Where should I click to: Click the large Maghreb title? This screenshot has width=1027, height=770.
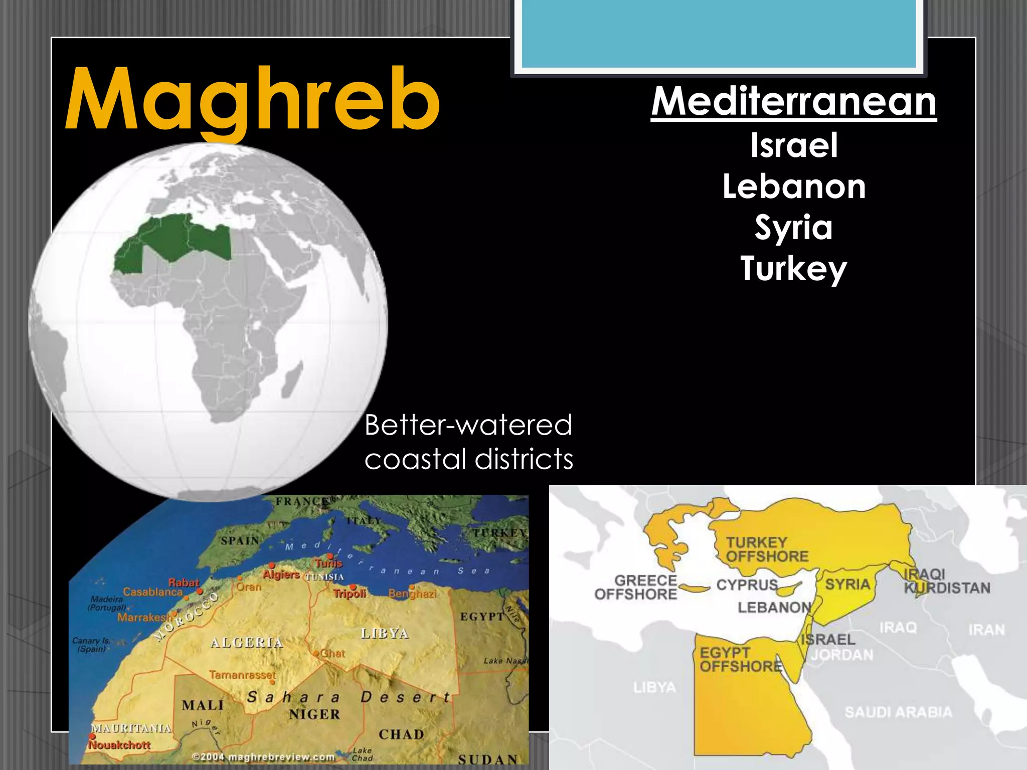252,100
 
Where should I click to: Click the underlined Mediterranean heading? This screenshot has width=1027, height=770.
793,102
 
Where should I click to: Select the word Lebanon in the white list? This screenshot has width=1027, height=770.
794,187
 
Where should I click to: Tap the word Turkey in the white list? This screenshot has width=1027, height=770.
794,269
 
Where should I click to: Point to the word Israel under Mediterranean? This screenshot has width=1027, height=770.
794,146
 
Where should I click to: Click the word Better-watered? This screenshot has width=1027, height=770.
468,425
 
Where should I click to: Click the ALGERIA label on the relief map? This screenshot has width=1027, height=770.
247,643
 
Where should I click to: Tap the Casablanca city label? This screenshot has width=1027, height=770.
153,592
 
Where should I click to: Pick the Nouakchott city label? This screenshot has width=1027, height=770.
119,745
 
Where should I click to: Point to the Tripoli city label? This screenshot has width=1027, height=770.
350,594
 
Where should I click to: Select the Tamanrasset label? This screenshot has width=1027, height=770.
243,675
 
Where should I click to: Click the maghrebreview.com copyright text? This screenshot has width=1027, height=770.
264,756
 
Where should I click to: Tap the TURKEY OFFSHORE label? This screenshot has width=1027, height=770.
767,549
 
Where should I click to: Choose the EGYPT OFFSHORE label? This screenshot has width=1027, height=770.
741,659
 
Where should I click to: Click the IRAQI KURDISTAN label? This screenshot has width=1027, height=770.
947,581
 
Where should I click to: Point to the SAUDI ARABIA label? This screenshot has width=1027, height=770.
898,712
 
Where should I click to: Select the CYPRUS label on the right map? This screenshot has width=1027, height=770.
747,585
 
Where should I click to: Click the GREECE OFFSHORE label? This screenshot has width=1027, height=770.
636,588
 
